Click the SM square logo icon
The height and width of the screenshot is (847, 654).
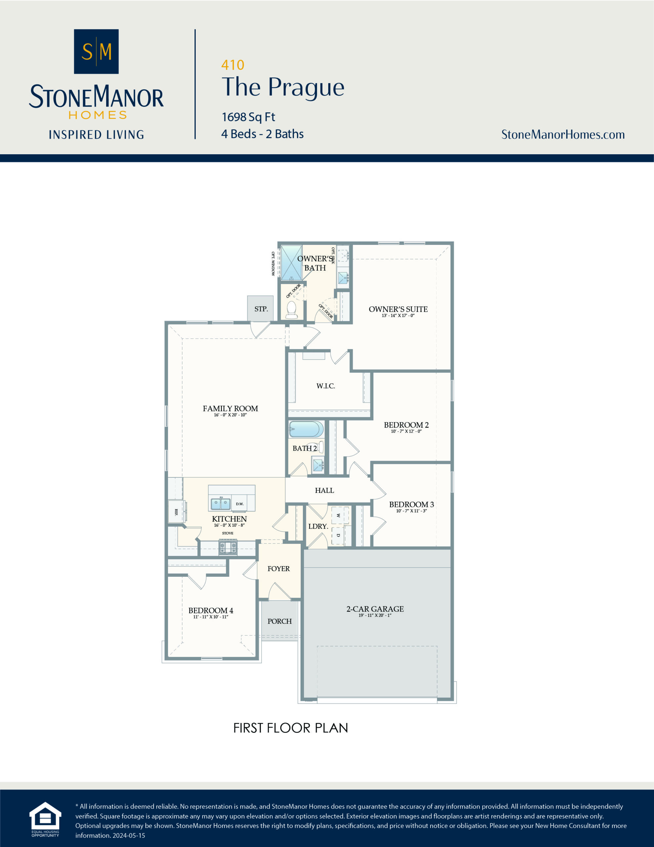point(96,52)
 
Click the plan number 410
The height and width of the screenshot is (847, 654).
point(232,65)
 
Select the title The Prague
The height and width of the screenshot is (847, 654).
point(283,87)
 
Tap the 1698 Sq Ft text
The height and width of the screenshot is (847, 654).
point(248,117)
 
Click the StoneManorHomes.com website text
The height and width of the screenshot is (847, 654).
point(562,135)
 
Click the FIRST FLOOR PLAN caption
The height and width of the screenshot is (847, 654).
point(290,728)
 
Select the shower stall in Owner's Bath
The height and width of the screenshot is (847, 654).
point(291,263)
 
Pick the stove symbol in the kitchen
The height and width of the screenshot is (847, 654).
point(227,548)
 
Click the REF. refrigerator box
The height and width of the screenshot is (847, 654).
point(176,512)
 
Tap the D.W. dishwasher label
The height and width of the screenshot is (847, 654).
point(240,504)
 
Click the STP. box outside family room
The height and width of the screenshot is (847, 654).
point(261,309)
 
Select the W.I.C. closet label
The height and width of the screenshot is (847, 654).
point(325,386)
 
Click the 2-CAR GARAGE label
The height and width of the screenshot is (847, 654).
point(375,609)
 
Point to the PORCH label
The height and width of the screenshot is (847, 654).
point(279,621)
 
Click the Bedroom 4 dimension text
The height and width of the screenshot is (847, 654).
point(211,617)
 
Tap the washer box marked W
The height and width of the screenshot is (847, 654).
point(339,516)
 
